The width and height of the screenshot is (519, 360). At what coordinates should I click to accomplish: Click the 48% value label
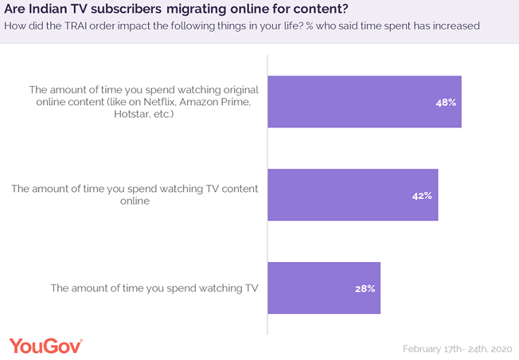[x=446, y=103]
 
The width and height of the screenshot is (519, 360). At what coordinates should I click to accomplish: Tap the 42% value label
[x=423, y=195]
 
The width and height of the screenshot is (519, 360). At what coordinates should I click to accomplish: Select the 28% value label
[x=365, y=288]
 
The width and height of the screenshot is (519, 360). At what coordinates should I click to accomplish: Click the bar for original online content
[x=364, y=103]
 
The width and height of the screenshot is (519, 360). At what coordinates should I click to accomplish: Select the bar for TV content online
[x=353, y=195]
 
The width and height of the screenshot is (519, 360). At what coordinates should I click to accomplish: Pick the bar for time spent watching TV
[x=323, y=288]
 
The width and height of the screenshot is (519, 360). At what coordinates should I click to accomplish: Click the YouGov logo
[x=45, y=346]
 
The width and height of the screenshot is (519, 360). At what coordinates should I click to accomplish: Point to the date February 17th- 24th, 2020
[x=456, y=349]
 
